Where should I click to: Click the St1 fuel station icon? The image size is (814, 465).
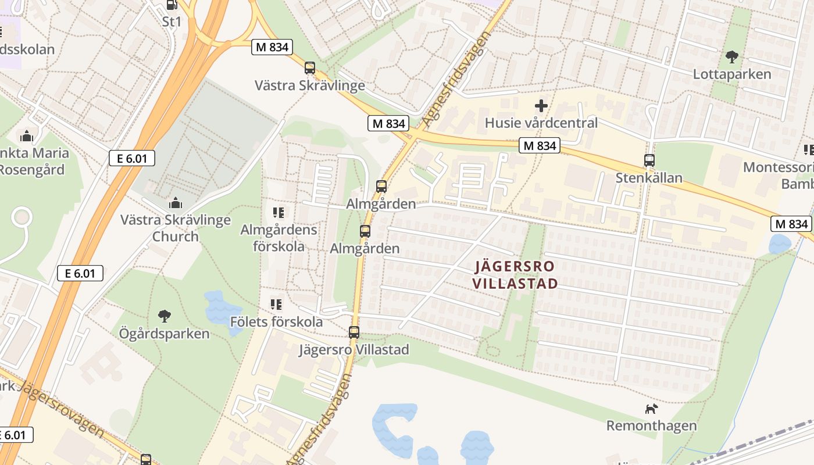pyautogui.click(x=172, y=5)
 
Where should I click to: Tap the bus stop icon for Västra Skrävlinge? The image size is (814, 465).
pyautogui.click(x=310, y=68)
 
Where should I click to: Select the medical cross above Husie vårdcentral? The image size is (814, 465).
pyautogui.click(x=541, y=106)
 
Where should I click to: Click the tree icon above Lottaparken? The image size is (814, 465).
pyautogui.click(x=731, y=57)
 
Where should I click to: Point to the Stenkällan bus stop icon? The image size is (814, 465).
pyautogui.click(x=649, y=160)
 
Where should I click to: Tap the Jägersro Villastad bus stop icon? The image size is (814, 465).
pyautogui.click(x=354, y=332)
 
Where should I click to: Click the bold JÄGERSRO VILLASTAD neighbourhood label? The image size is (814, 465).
pyautogui.click(x=515, y=275)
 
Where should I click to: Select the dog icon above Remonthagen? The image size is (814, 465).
pyautogui.click(x=651, y=409)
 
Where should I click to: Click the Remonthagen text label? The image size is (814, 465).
pyautogui.click(x=651, y=425)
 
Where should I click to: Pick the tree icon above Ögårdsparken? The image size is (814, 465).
pyautogui.click(x=165, y=316)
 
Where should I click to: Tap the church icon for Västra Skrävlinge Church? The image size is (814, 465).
pyautogui.click(x=175, y=203)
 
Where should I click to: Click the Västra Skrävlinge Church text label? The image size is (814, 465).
pyautogui.click(x=175, y=228)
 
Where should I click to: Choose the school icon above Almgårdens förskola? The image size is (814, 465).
pyautogui.click(x=278, y=213)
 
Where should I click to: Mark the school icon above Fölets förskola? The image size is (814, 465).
pyautogui.click(x=276, y=304)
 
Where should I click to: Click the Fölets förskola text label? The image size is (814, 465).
pyautogui.click(x=276, y=321)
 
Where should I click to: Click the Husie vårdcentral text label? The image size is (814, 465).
pyautogui.click(x=541, y=123)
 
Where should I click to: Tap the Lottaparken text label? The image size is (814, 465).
pyautogui.click(x=731, y=74)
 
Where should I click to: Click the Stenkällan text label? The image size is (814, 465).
pyautogui.click(x=649, y=177)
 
